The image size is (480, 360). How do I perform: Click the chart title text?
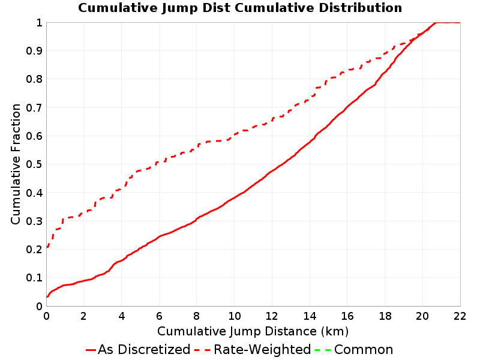(240, 8)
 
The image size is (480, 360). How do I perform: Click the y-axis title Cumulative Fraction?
(16, 164)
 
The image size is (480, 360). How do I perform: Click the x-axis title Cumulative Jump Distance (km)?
(253, 331)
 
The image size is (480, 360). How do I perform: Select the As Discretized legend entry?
(138, 350)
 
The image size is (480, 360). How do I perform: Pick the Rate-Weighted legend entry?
(253, 350)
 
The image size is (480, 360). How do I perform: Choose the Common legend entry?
(353, 350)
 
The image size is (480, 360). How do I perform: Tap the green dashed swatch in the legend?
(322, 350)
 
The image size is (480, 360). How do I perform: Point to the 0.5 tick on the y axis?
(34, 164)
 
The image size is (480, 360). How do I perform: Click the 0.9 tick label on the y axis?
(34, 51)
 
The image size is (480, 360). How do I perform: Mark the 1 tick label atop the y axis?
(39, 23)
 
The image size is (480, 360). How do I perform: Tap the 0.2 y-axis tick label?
(34, 250)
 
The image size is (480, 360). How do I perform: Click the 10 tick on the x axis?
(234, 316)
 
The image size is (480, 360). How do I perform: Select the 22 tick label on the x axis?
(460, 316)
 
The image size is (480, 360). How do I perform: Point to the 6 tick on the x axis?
(159, 316)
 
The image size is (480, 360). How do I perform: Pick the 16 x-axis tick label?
(347, 316)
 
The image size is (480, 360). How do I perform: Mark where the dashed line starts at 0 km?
(47, 247)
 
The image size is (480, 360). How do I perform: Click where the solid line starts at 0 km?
(47, 296)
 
